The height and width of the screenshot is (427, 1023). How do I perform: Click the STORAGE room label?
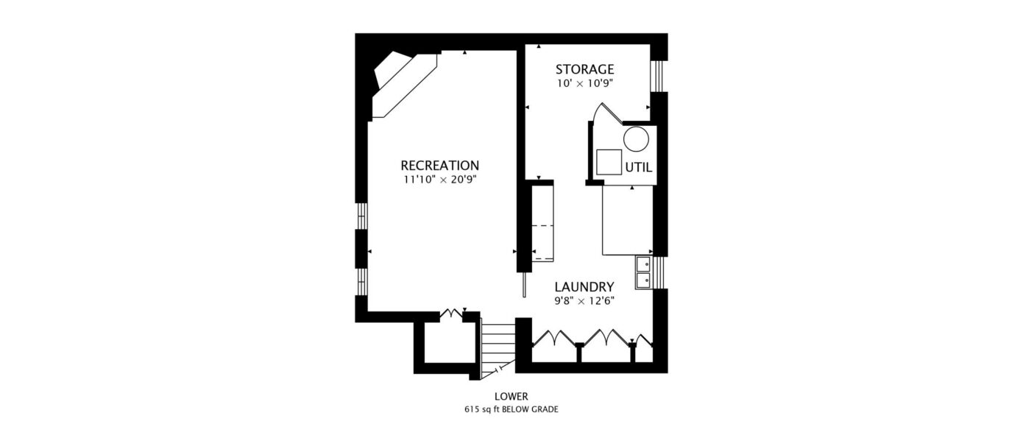coord(584,69)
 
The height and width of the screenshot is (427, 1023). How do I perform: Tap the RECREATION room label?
coord(440,166)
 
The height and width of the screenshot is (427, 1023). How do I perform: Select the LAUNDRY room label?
coord(584,287)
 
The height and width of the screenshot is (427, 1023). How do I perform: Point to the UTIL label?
coord(639,168)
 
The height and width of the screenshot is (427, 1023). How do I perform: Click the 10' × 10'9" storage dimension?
coord(584,84)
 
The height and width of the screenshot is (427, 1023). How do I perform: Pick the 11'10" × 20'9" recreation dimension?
coord(440,180)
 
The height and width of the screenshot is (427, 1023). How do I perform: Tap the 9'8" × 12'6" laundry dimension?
coord(584,301)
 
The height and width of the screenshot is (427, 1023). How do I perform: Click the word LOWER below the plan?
coord(511,396)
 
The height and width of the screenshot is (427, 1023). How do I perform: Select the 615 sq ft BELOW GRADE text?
coord(511,409)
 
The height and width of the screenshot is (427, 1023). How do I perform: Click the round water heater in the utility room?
coord(636,139)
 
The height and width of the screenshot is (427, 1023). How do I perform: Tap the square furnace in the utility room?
coord(609,162)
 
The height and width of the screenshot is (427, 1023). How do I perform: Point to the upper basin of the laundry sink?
coord(643,264)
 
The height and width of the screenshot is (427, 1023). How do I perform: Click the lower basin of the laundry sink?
coord(643,280)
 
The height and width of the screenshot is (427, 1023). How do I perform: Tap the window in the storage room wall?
coord(656,76)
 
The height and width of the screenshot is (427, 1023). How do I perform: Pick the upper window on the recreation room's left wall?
coord(361,216)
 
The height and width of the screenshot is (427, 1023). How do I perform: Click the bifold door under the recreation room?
coord(452,314)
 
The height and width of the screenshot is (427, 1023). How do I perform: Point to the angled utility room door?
coord(606,113)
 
